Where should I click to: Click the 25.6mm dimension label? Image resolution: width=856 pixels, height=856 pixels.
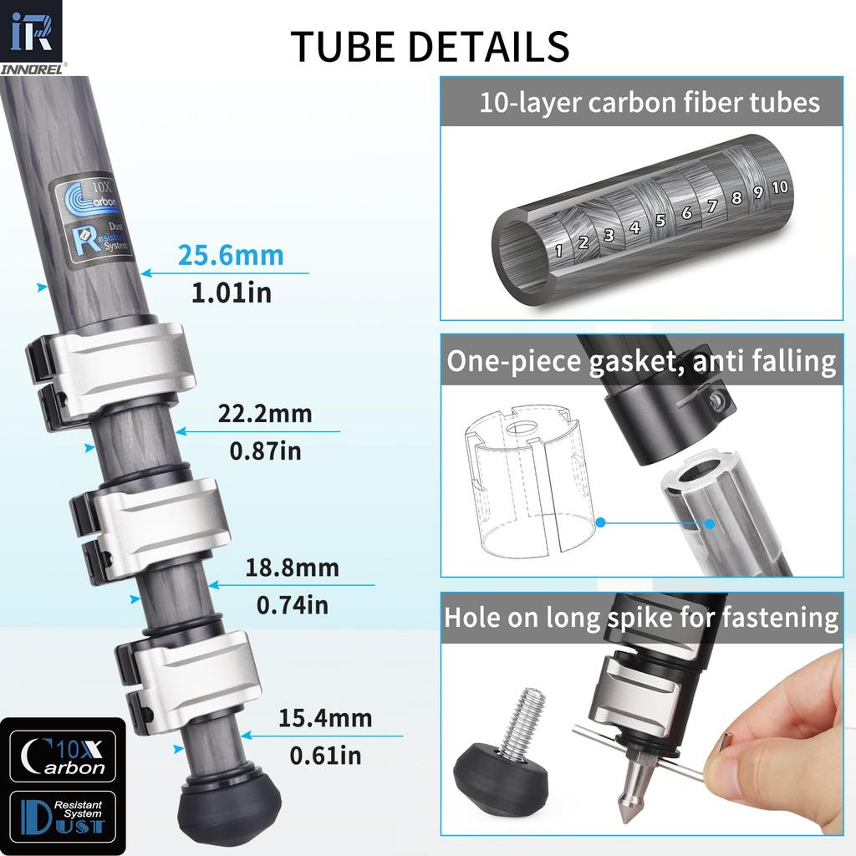coord(231,255)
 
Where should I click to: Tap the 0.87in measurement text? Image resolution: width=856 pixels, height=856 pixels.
coord(265,451)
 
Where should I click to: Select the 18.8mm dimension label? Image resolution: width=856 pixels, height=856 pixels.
coord(292,568)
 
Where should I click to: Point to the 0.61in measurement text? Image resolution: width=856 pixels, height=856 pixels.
coord(325,756)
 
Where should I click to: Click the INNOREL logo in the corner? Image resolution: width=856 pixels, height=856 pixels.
coord(31,37)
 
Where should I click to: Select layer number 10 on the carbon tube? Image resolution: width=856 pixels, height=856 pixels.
coord(780,187)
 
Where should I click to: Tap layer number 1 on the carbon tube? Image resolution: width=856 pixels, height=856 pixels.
coord(558,251)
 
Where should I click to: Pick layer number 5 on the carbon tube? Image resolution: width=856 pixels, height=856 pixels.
coord(660,221)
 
